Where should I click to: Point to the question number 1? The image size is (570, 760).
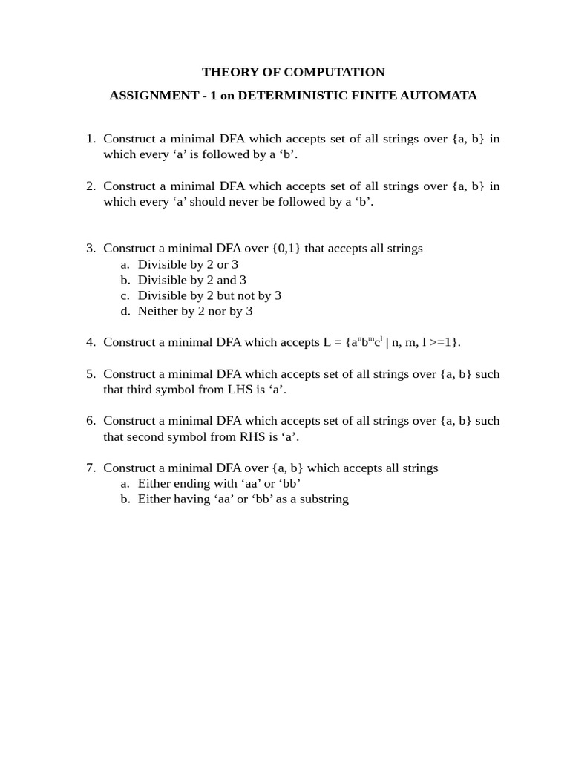pos(91,139)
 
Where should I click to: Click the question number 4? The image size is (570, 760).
pos(91,342)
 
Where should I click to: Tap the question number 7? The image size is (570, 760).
pos(91,468)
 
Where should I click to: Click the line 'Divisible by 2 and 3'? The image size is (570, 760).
pos(191,280)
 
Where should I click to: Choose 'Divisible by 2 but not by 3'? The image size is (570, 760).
pos(209,295)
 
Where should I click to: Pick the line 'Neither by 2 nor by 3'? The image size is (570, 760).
pos(195,311)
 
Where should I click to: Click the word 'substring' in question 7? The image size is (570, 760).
pos(321,499)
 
